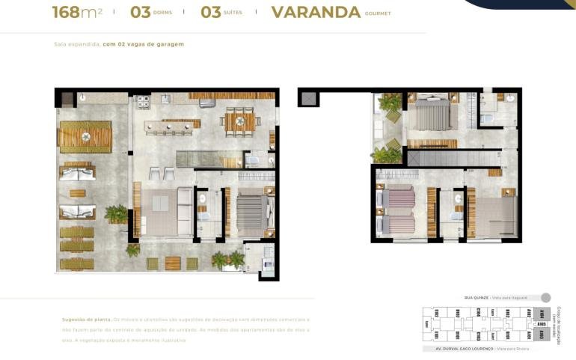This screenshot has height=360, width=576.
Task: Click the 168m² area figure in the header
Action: [x=77, y=12]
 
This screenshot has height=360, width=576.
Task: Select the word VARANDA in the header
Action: [x=316, y=12]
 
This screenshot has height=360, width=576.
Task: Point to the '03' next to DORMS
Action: [x=140, y=12]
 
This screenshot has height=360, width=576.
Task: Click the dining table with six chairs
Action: [x=239, y=120]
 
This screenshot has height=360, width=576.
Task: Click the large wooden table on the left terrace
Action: [x=85, y=136]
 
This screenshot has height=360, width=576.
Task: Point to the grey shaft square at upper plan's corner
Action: [x=307, y=97]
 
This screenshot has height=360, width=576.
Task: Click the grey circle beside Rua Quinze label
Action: [x=545, y=297]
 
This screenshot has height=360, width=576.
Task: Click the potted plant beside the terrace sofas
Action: [x=116, y=214]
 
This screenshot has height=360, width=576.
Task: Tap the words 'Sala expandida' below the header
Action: [x=77, y=44]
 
